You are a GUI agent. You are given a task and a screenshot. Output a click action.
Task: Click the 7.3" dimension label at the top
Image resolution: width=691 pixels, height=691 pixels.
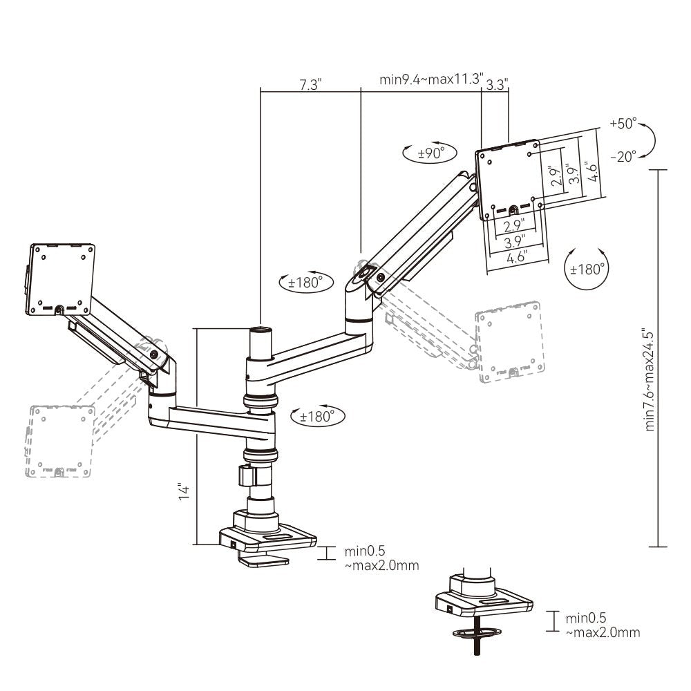310,84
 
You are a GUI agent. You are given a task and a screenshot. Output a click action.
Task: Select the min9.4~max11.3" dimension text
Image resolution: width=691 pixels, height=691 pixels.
431,78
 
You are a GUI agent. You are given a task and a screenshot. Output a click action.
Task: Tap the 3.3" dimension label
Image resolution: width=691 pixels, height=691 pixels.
497,84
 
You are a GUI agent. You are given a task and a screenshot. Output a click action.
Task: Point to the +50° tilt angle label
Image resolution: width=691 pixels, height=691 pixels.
623,124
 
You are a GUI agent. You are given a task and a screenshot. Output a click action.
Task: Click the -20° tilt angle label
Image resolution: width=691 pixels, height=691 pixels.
623,157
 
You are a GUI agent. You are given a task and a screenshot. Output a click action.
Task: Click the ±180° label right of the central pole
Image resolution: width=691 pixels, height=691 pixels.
317,416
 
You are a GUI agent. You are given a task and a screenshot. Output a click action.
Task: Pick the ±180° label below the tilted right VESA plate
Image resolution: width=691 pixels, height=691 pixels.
586,269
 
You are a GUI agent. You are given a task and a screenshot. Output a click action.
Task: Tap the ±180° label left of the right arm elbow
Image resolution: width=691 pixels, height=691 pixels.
305,282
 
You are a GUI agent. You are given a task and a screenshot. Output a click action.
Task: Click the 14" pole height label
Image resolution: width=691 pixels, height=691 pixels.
184,492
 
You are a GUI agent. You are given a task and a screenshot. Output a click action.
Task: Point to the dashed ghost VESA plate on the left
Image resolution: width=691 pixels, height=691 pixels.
59,442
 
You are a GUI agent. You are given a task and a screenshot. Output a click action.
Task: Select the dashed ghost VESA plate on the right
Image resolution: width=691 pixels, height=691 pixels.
507,342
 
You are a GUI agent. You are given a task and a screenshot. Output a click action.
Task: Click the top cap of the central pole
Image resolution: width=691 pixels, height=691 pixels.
261,331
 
